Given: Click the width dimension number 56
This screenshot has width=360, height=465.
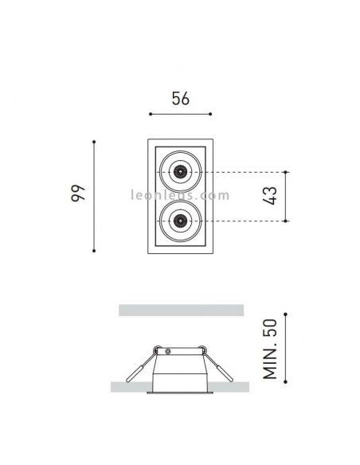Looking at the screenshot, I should pyautogui.click(x=180, y=99).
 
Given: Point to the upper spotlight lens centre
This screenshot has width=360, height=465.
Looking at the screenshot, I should pyautogui.click(x=180, y=170).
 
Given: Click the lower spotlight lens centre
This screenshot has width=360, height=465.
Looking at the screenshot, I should pyautogui.click(x=180, y=221).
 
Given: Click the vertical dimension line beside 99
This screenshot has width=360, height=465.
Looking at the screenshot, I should pyautogui.click(x=96, y=196).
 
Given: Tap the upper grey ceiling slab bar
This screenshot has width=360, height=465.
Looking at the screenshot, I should pyautogui.click(x=180, y=310).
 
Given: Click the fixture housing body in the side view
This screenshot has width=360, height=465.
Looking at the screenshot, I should pyautogui.click(x=180, y=374).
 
